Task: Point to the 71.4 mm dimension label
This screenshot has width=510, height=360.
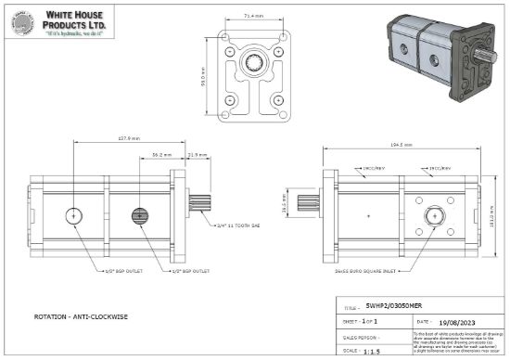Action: point(252,16)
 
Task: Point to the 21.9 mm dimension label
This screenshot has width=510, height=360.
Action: point(197,155)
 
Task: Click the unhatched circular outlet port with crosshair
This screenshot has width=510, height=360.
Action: point(73,216)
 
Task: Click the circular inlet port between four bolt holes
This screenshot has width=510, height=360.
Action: point(432,215)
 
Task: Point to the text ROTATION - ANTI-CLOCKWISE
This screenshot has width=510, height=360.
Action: point(79,315)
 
